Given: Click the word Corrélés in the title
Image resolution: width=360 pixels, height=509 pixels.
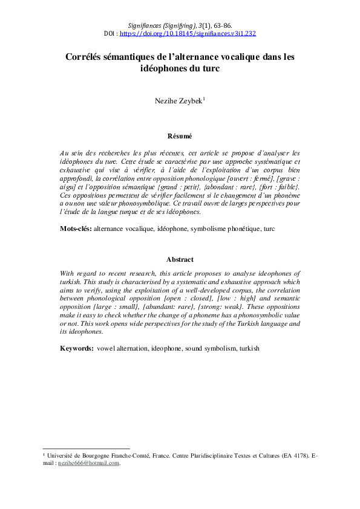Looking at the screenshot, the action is coord(87,57).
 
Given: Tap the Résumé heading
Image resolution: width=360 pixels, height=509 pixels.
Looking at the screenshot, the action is coord(180,137).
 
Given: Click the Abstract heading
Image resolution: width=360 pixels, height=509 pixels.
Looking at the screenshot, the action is coord(180,259).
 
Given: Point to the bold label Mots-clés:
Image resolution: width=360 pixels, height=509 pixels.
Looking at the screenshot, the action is coord(75,229).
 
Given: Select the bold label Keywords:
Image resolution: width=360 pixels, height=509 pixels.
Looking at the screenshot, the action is coord(76,349).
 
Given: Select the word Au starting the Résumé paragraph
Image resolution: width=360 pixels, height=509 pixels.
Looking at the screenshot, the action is coord(65,153).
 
